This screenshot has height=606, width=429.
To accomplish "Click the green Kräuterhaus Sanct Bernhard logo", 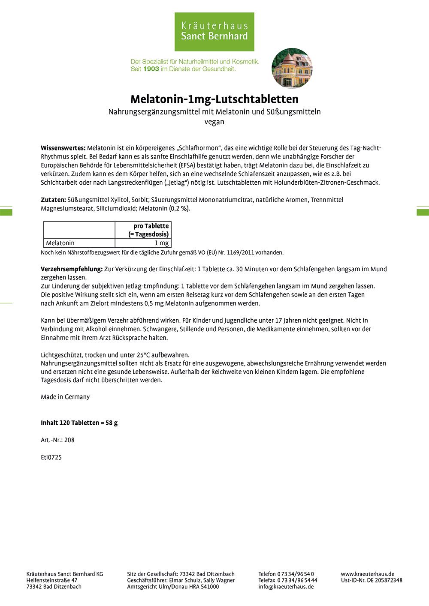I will click(214, 32).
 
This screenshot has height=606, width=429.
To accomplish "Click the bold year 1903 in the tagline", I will click(151, 69).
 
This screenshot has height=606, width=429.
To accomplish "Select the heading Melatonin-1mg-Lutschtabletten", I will click(214, 99).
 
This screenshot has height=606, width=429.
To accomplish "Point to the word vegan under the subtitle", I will click(214, 122).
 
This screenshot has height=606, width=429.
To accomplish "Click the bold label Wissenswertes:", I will click(63, 148).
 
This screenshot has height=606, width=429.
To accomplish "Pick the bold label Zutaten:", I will click(53, 200).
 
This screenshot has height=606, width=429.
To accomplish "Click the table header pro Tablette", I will click(151, 226).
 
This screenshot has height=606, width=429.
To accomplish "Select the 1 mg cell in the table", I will click(161, 243).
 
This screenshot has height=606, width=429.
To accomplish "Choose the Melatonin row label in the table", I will click(60, 243).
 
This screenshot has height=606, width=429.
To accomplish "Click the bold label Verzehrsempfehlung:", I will click(72, 269).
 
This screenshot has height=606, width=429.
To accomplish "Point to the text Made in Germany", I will click(65, 397).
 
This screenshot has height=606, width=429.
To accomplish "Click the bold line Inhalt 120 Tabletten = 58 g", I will click(79, 423).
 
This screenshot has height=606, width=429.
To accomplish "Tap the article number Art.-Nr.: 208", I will click(57, 440).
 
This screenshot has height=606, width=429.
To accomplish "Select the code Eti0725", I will click(51, 457).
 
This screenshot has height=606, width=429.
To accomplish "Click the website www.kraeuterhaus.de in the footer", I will click(367, 574).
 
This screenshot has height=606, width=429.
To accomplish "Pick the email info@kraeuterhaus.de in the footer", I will click(286, 587).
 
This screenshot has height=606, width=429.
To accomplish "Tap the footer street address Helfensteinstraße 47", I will click(52, 580).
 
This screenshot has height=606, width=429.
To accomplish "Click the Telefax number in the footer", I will click(287, 580).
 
